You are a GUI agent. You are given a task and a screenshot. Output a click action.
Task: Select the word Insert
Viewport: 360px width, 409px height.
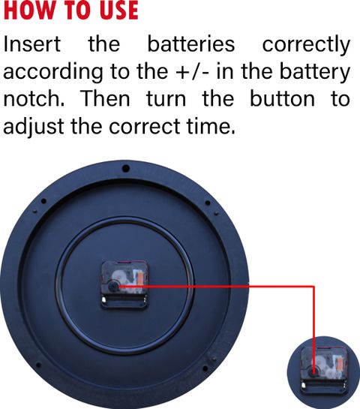[x=32, y=44]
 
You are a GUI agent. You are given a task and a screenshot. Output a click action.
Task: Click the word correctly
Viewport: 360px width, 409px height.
[x=306, y=46]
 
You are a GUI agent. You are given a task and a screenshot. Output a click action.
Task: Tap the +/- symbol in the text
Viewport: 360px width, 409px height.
[x=192, y=72]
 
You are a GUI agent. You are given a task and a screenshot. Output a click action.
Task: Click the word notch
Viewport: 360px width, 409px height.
[x=34, y=98]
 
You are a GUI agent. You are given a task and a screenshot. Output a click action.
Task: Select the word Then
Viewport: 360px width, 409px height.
[x=105, y=98]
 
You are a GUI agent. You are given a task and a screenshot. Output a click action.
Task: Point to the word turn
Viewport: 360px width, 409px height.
[x=166, y=99]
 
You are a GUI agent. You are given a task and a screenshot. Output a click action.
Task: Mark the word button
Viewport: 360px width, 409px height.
[x=282, y=98]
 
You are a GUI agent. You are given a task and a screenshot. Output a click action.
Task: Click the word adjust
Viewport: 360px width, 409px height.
[x=34, y=128]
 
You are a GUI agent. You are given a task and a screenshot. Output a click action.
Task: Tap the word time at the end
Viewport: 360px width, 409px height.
[x=211, y=127]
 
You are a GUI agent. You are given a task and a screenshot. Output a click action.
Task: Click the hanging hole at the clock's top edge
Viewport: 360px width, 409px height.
[x=126, y=168]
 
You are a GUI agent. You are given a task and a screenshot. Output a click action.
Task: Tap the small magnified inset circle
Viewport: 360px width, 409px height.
[x=323, y=372]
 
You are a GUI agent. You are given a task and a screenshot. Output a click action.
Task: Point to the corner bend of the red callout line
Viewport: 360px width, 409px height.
[x=313, y=287]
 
